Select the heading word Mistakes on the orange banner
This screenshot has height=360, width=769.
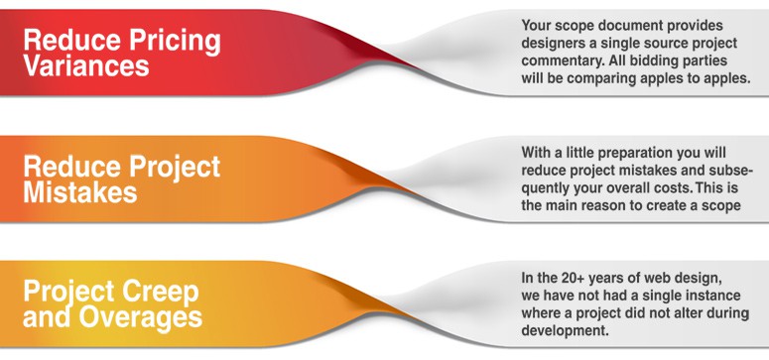click(79, 191)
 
